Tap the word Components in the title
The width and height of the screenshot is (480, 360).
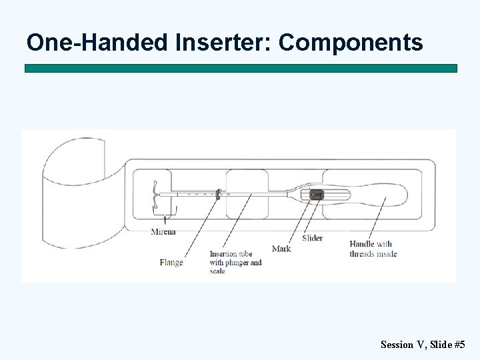pyautogui.click(x=351, y=43)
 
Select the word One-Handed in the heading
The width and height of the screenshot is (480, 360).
pyautogui.click(x=98, y=43)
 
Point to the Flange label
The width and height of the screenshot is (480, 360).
pyautogui.click(x=171, y=263)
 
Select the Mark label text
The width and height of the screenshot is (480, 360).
pyautogui.click(x=281, y=249)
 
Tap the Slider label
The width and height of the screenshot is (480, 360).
pyautogui.click(x=312, y=238)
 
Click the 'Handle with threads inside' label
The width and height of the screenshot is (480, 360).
pyautogui.click(x=373, y=249)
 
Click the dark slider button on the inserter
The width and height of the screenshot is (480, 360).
pyautogui.click(x=316, y=195)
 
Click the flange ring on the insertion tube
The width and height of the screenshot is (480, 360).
pyautogui.click(x=219, y=195)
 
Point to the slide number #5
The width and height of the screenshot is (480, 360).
pyautogui.click(x=459, y=345)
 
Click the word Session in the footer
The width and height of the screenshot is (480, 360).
pyautogui.click(x=396, y=345)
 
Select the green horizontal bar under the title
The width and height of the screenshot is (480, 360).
pyautogui.click(x=241, y=68)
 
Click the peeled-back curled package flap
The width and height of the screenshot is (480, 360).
pyautogui.click(x=73, y=193)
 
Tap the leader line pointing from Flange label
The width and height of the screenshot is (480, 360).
pyautogui.click(x=200, y=227)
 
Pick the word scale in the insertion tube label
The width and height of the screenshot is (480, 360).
pyautogui.click(x=217, y=271)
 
